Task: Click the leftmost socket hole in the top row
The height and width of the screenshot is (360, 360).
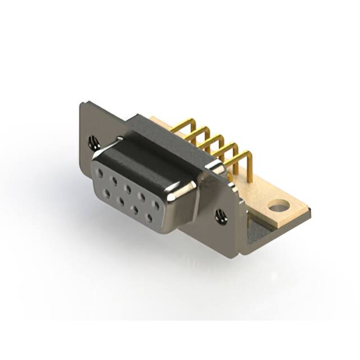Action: pyautogui.click(x=100, y=173)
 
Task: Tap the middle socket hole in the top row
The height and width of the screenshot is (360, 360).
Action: pyautogui.click(x=128, y=188)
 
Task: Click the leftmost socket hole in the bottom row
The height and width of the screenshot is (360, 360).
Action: pyautogui.click(x=106, y=193)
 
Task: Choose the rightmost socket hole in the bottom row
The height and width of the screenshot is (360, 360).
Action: pyautogui.click(x=150, y=217)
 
